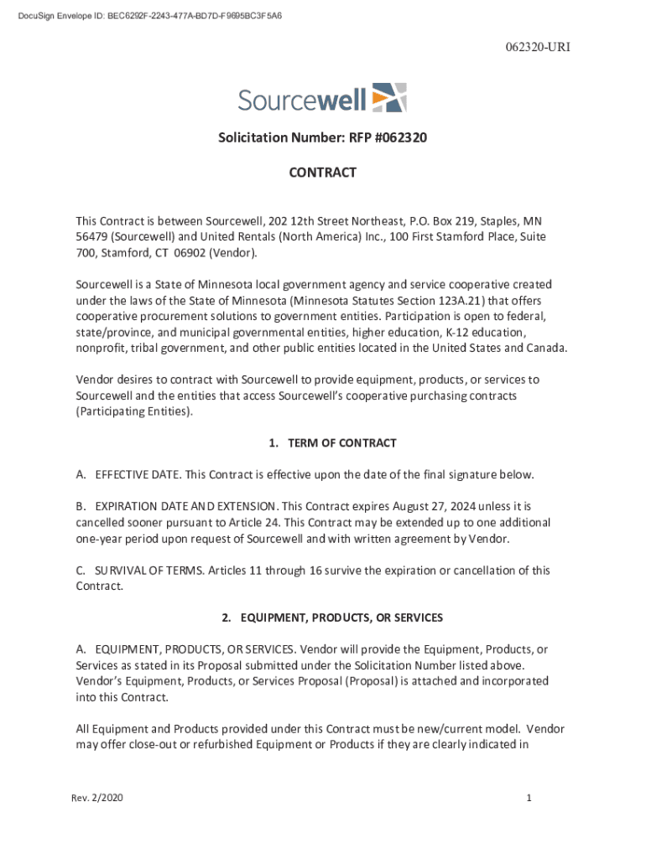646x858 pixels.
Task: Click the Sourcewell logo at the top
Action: click(322, 98)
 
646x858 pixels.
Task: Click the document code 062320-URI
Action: click(538, 47)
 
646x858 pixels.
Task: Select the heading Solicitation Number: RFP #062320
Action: click(323, 137)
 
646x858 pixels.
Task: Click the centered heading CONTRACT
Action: click(323, 173)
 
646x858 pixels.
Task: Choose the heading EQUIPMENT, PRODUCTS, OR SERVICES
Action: click(341, 618)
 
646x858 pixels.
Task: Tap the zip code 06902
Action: click(186, 252)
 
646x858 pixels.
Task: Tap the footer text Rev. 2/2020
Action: click(97, 799)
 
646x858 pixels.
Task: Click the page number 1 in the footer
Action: click(529, 799)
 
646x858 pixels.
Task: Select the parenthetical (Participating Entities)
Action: click(133, 411)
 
